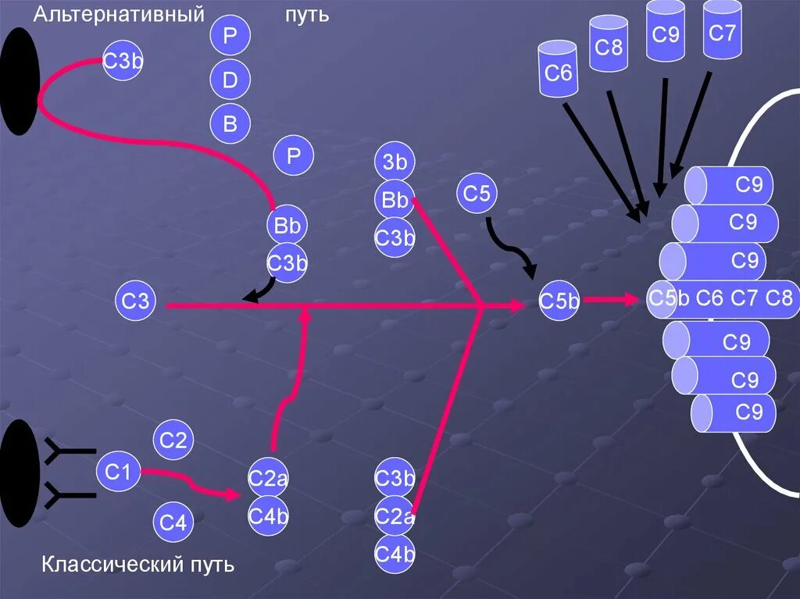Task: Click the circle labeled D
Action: tap(230, 80)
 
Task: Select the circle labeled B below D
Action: tap(230, 123)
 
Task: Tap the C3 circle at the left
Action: tap(136, 301)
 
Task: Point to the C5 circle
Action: tap(477, 193)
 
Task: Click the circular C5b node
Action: tap(559, 301)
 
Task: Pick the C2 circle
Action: tap(173, 441)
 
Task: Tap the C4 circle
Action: tap(173, 522)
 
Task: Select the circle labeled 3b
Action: tap(395, 162)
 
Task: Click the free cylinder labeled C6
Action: tap(559, 71)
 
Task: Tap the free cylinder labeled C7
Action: tap(722, 32)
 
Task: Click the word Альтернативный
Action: tap(118, 15)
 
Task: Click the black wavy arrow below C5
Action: tap(512, 246)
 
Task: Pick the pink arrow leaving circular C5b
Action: tap(610, 299)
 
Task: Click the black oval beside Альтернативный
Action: tap(20, 81)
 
